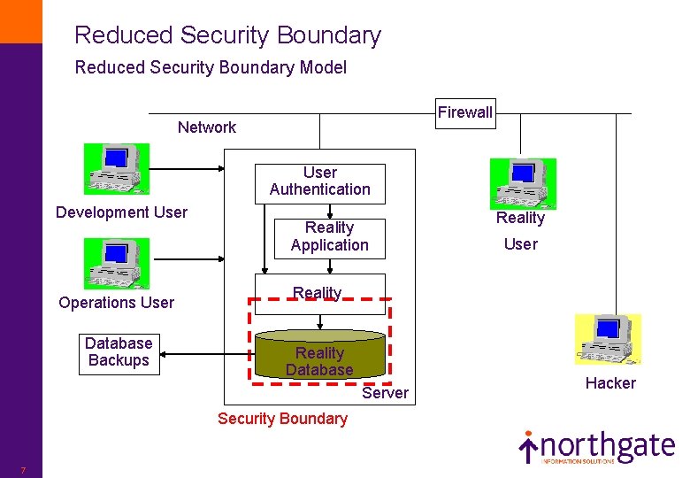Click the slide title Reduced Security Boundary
[x=227, y=35]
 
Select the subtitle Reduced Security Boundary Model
[x=211, y=67]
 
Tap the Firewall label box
[x=464, y=112]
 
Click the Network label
[x=207, y=127]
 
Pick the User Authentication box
[x=319, y=181]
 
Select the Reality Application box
[x=329, y=237]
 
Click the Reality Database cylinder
[x=319, y=356]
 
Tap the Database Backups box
[x=119, y=352]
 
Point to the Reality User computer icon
[x=523, y=183]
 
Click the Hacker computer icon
[x=608, y=339]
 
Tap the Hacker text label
[x=610, y=383]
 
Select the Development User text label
[x=121, y=212]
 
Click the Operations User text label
[x=116, y=303]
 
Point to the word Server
[x=386, y=393]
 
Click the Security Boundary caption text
[x=282, y=419]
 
